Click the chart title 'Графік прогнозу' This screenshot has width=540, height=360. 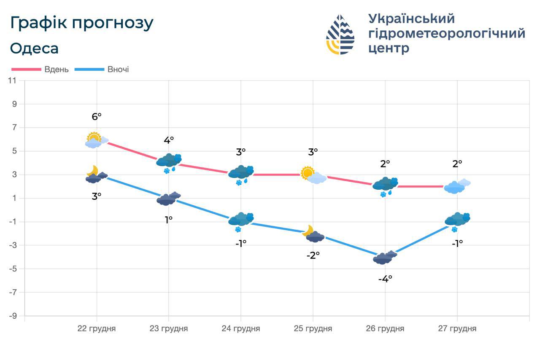81,23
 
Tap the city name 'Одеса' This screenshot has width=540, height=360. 34,48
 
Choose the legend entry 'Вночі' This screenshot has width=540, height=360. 118,70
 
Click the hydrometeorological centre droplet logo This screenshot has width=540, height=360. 340,35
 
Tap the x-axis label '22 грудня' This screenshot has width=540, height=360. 97,329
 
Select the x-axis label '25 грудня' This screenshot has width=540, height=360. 313,329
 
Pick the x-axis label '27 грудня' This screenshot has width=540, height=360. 457,329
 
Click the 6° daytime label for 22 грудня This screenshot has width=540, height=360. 97,117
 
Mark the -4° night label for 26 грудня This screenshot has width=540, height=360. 385,279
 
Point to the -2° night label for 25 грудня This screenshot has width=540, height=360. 313,255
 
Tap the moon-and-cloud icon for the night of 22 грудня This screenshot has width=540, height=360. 96,175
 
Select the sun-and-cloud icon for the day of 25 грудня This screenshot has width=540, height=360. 313,175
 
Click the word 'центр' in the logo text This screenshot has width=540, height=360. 389,48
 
